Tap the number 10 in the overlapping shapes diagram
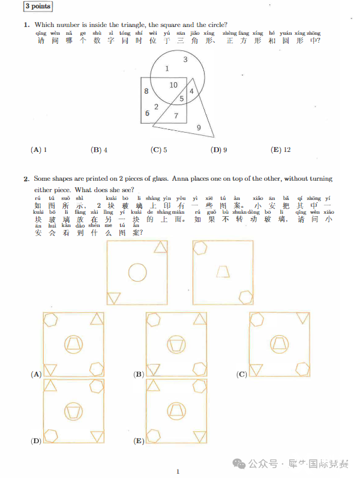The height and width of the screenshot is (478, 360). (173, 85)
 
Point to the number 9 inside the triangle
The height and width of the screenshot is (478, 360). (199, 127)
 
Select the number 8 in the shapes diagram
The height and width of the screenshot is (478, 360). (146, 91)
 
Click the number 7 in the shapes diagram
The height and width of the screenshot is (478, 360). (176, 115)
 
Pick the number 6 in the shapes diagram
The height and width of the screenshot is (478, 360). (147, 113)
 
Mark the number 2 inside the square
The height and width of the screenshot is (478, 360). (156, 107)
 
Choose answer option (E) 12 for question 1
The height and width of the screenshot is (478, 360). (280, 150)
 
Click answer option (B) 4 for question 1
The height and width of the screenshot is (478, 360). (99, 150)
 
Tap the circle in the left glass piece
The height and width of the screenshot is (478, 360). (137, 273)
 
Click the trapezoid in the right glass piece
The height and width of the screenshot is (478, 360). (223, 271)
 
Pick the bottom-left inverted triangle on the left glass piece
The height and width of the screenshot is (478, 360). (113, 297)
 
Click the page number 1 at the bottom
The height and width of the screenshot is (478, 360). (178, 471)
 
